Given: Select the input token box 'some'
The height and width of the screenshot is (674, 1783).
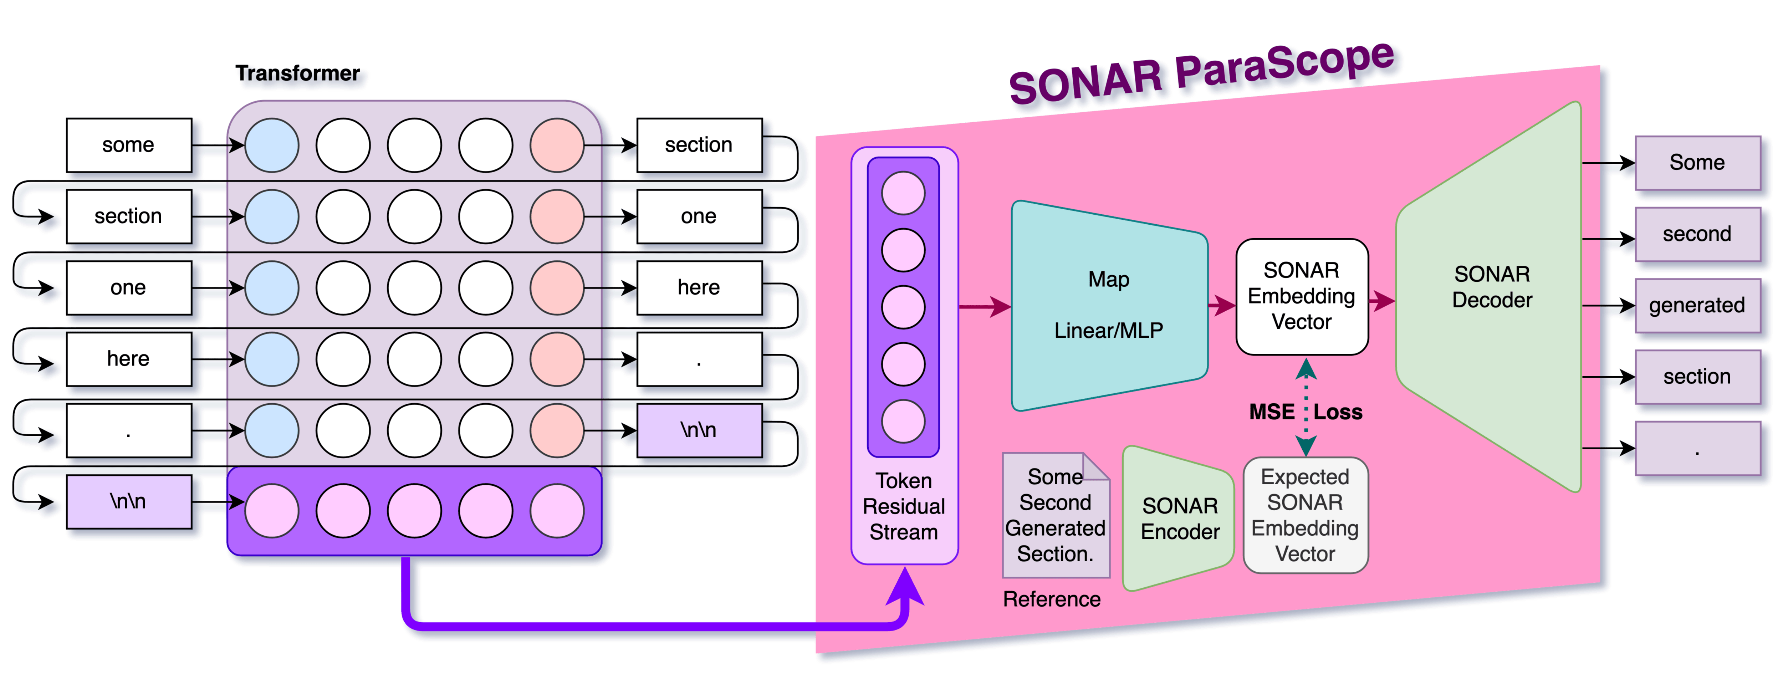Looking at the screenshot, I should click(x=129, y=145).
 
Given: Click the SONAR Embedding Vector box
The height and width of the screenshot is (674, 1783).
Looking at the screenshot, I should click(x=1301, y=296).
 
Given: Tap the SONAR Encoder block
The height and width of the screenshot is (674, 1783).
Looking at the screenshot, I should click(x=1179, y=519).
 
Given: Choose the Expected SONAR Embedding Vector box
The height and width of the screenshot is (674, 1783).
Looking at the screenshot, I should click(x=1306, y=516).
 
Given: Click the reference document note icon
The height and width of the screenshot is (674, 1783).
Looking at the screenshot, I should click(x=1056, y=516).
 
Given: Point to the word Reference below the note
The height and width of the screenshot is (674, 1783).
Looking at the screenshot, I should click(x=1051, y=599).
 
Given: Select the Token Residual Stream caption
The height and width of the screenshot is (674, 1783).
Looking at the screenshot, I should click(x=904, y=506).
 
